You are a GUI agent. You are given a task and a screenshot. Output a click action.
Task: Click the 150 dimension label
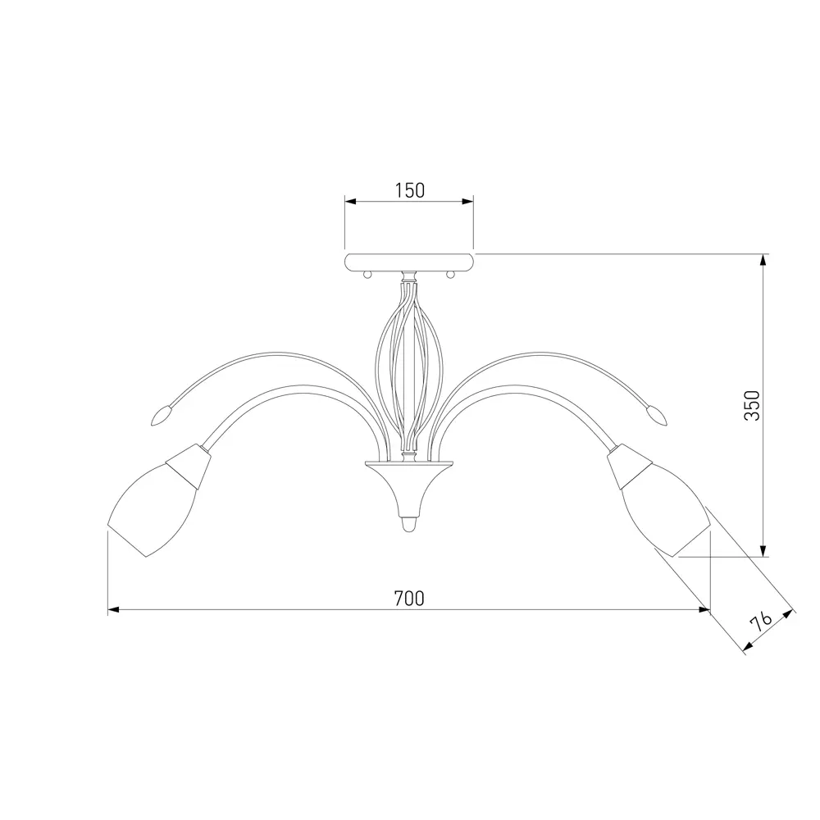(x=409, y=191)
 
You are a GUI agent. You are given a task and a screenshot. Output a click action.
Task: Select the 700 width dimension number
(x=409, y=599)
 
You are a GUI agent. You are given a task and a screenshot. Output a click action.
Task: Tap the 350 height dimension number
(x=753, y=405)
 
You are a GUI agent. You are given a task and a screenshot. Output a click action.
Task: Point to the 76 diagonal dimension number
(x=761, y=622)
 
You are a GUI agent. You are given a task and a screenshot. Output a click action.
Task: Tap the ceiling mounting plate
(x=409, y=262)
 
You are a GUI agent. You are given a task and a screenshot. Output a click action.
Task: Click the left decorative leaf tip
(x=160, y=417)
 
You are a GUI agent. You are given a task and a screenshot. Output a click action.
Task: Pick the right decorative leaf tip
(x=658, y=417)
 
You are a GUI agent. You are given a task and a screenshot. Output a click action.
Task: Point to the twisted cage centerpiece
(x=409, y=366)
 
